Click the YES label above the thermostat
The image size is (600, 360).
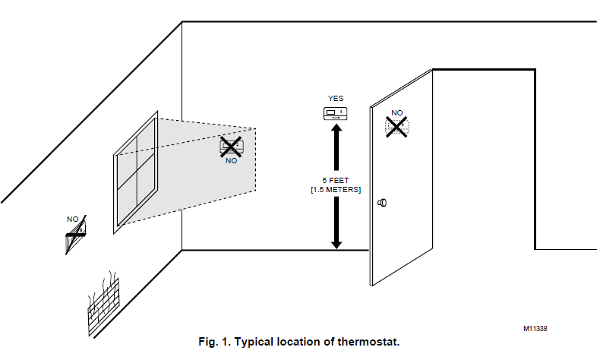(336, 99)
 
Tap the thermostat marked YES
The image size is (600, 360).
(336, 113)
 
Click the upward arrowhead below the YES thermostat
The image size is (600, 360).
(336, 130)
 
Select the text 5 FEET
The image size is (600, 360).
(336, 181)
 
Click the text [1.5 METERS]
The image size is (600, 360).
(336, 190)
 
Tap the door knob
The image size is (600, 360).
(383, 203)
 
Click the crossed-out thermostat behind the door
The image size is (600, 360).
(396, 128)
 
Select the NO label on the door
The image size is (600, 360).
(396, 113)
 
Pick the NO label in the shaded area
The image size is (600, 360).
(231, 161)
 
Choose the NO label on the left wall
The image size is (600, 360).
(73, 219)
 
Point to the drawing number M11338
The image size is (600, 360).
(535, 329)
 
